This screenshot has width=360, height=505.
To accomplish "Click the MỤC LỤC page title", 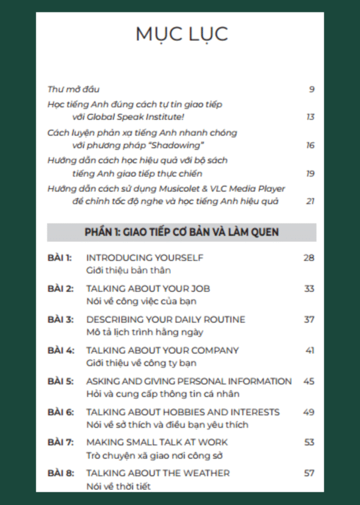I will [181, 34].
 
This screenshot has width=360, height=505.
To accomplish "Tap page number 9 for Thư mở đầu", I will [311, 89].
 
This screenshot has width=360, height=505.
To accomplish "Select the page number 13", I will [310, 117].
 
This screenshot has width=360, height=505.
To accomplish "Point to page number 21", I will [310, 202].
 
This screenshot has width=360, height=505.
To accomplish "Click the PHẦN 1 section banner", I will [181, 232].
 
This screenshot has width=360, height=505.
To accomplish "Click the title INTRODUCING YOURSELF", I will [145, 258].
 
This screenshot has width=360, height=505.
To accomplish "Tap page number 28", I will [308, 258].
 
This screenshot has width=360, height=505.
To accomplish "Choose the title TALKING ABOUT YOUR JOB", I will [148, 288].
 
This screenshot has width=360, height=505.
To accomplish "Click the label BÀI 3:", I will [61, 319].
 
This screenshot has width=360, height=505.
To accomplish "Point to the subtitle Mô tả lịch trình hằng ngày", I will [145, 332].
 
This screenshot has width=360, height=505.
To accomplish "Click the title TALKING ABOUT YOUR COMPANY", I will [162, 350].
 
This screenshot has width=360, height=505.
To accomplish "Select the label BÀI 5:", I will [61, 381].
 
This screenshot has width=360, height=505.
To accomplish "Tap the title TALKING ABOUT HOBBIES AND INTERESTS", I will [182, 412].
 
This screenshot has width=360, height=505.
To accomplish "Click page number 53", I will [309, 443].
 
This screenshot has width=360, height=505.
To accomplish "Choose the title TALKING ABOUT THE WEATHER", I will [157, 473].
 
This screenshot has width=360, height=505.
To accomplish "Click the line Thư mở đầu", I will [73, 89].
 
